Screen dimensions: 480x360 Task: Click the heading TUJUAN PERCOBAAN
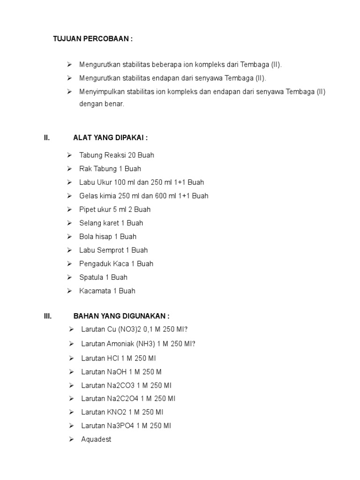(92, 38)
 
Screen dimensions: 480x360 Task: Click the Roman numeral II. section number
(47, 137)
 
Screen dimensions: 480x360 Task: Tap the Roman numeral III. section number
(48, 316)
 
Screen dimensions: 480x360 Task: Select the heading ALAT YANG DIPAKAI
(111, 137)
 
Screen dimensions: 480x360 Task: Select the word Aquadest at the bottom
(96, 440)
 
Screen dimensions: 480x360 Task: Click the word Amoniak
(121, 344)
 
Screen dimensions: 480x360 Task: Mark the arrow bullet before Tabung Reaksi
(69, 155)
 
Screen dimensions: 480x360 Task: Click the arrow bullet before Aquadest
(71, 440)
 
